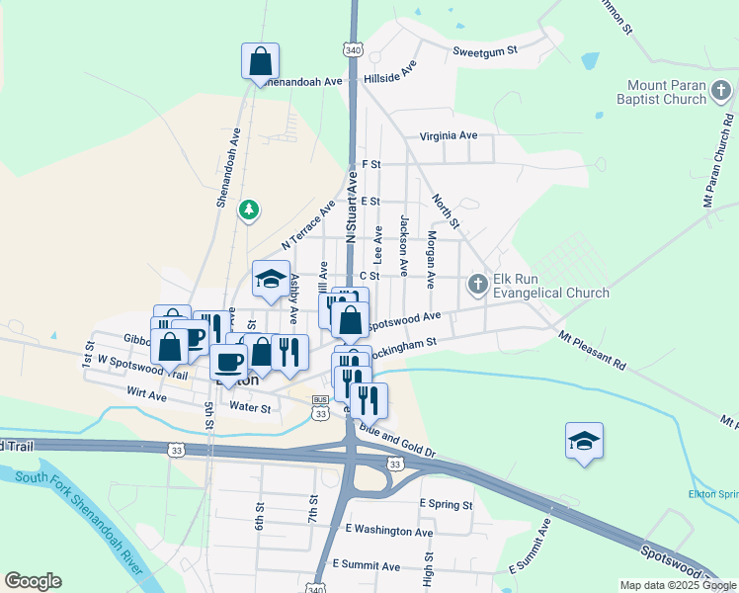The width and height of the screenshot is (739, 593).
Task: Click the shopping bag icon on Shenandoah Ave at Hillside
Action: (259, 61)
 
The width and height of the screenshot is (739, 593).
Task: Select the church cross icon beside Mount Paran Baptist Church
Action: (721, 92)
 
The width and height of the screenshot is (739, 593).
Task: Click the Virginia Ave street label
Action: (448, 135)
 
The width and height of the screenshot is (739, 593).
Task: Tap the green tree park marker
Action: (251, 209)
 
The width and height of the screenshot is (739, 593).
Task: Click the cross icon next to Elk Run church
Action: (477, 285)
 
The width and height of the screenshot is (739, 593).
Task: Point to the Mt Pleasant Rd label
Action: (592, 350)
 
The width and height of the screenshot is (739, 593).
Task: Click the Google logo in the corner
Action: (33, 581)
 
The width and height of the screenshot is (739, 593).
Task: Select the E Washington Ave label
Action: (389, 531)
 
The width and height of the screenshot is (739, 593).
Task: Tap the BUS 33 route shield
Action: (320, 407)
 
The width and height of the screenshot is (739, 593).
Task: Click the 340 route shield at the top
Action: (353, 48)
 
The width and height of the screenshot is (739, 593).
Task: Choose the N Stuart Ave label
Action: (351, 206)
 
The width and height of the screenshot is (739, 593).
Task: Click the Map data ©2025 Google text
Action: (678, 585)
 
